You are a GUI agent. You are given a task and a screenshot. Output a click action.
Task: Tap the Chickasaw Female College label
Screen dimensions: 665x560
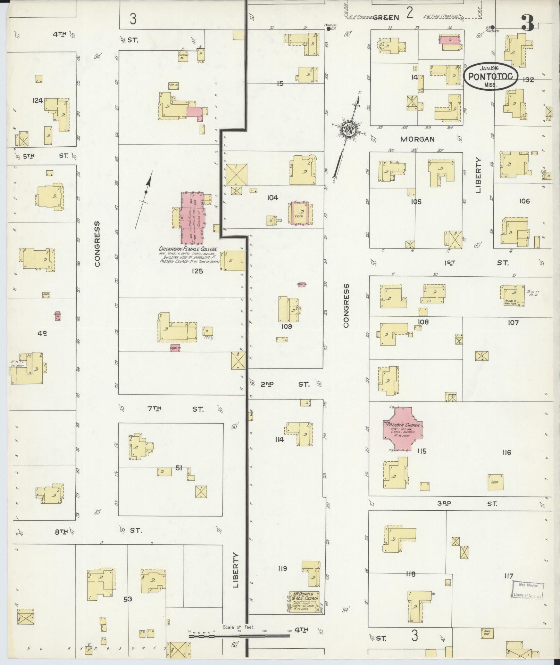pos(188,249)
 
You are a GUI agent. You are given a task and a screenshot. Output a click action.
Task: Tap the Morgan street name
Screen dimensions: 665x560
pos(417,139)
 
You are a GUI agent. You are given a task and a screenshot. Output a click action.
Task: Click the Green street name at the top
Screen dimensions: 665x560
pos(386,17)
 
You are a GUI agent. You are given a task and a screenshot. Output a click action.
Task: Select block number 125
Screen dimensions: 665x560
pos(197,271)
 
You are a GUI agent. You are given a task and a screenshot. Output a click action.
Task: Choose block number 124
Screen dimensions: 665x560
pos(37,101)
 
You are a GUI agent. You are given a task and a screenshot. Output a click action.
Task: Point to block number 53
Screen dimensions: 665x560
pos(128,599)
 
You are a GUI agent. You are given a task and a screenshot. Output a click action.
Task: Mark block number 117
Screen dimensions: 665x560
pos(509,576)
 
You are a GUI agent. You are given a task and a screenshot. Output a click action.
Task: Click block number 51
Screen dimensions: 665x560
pos(178,468)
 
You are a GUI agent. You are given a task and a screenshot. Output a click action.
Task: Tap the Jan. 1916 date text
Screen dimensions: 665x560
pos(490,68)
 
